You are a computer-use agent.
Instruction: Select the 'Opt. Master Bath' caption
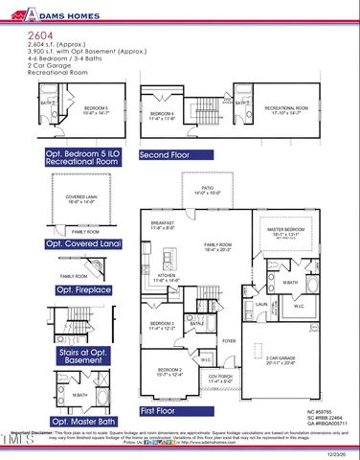pyautogui.click(x=82, y=421)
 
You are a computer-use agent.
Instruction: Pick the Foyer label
pyautogui.click(x=229, y=340)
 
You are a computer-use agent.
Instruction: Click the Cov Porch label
pyautogui.click(x=220, y=378)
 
